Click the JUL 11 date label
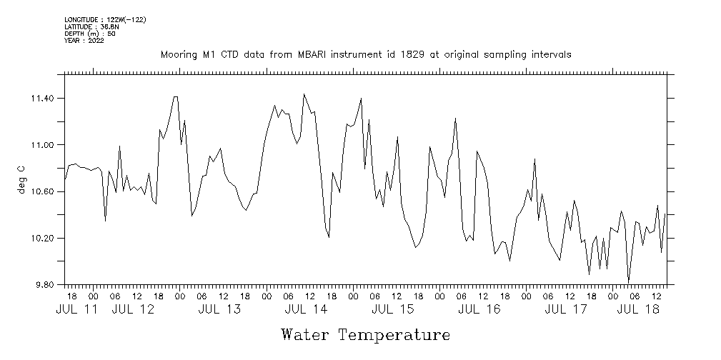tap(76, 309)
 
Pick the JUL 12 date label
tap(134, 309)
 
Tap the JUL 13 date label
tap(219, 309)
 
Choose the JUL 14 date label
tap(306, 309)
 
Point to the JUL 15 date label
tap(393, 309)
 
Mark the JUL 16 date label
tap(479, 309)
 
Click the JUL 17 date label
tap(566, 309)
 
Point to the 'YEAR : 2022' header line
tap(84, 41)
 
